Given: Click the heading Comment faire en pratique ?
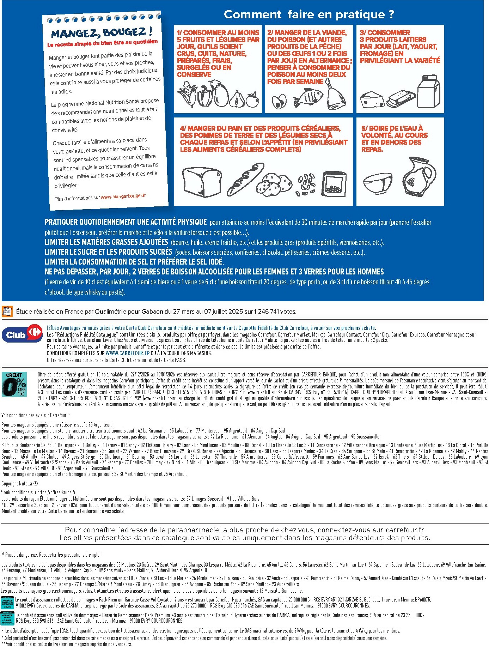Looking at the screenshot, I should pos(309,14).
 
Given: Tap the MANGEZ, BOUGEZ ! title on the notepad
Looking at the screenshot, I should pos(102,33).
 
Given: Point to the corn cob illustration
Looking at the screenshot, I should pos(187,94).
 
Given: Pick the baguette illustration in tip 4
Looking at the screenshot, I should pos(246,179).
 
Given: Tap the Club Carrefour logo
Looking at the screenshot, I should pos(22,334).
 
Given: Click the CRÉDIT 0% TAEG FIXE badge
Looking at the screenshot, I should pos(14,384).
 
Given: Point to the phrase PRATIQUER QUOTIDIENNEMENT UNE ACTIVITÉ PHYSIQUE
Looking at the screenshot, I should pos(126,222).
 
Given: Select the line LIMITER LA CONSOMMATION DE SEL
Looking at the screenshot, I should pos(134,262).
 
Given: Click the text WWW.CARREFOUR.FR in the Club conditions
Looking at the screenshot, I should pos(127,353).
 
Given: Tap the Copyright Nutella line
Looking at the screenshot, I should pos(20,483).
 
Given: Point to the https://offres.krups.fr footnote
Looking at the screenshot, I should pos(56,492).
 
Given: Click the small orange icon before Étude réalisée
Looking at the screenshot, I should pos(7,311).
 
